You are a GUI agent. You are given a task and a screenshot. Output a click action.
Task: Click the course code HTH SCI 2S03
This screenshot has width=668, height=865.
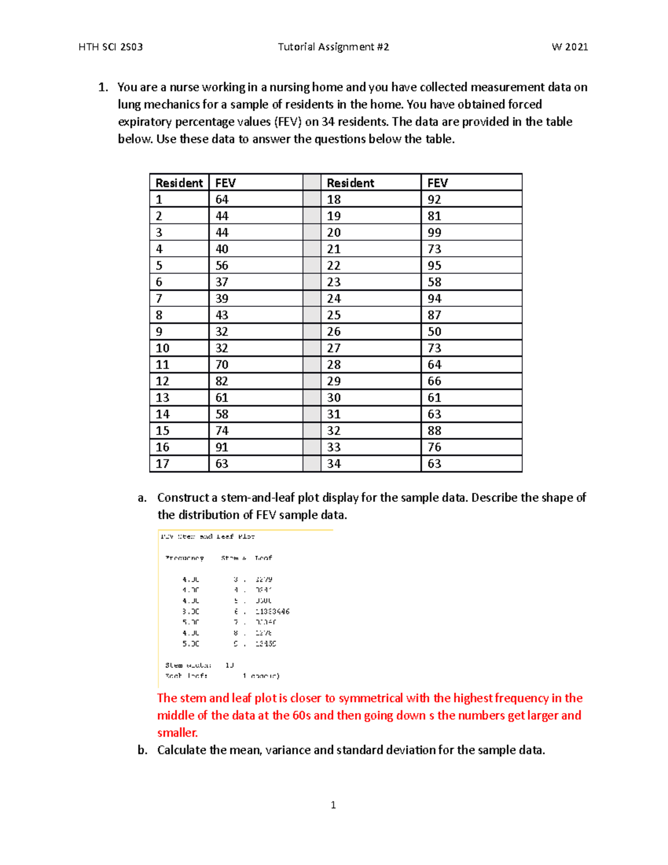tap(110, 47)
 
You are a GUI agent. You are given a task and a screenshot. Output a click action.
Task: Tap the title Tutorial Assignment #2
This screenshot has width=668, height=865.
tap(333, 47)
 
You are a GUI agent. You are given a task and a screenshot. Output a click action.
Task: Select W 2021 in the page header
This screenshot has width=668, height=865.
tap(569, 47)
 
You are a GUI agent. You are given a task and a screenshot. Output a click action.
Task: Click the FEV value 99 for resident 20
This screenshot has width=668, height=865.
tap(434, 233)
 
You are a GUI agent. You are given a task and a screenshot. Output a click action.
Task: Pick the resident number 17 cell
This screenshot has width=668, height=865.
tap(163, 464)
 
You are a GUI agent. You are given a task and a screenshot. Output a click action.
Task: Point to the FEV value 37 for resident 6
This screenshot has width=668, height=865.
tap(222, 282)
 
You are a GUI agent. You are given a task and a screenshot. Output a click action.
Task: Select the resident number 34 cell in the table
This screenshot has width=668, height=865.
tap(334, 464)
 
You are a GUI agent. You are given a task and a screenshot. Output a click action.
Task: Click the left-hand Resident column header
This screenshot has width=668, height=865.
tap(179, 183)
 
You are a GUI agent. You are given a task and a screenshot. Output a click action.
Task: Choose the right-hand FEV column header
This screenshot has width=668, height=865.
tap(437, 183)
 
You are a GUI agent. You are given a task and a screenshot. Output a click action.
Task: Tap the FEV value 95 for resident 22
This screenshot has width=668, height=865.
tap(434, 266)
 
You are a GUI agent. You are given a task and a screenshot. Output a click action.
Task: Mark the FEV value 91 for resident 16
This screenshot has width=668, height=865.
tap(222, 447)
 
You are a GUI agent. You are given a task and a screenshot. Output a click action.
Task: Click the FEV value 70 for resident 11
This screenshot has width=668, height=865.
tap(222, 365)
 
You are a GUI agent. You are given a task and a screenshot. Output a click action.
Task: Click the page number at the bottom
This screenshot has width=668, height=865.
tap(333, 805)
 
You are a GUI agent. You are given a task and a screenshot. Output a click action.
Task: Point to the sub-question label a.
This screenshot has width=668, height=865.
tap(142, 498)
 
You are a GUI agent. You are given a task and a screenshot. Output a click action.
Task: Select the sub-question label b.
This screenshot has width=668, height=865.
tap(143, 750)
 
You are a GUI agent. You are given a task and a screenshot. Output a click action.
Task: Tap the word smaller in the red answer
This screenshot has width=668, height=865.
tap(177, 733)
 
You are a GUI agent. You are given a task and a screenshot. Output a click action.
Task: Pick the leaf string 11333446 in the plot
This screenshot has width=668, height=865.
tap(272, 612)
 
